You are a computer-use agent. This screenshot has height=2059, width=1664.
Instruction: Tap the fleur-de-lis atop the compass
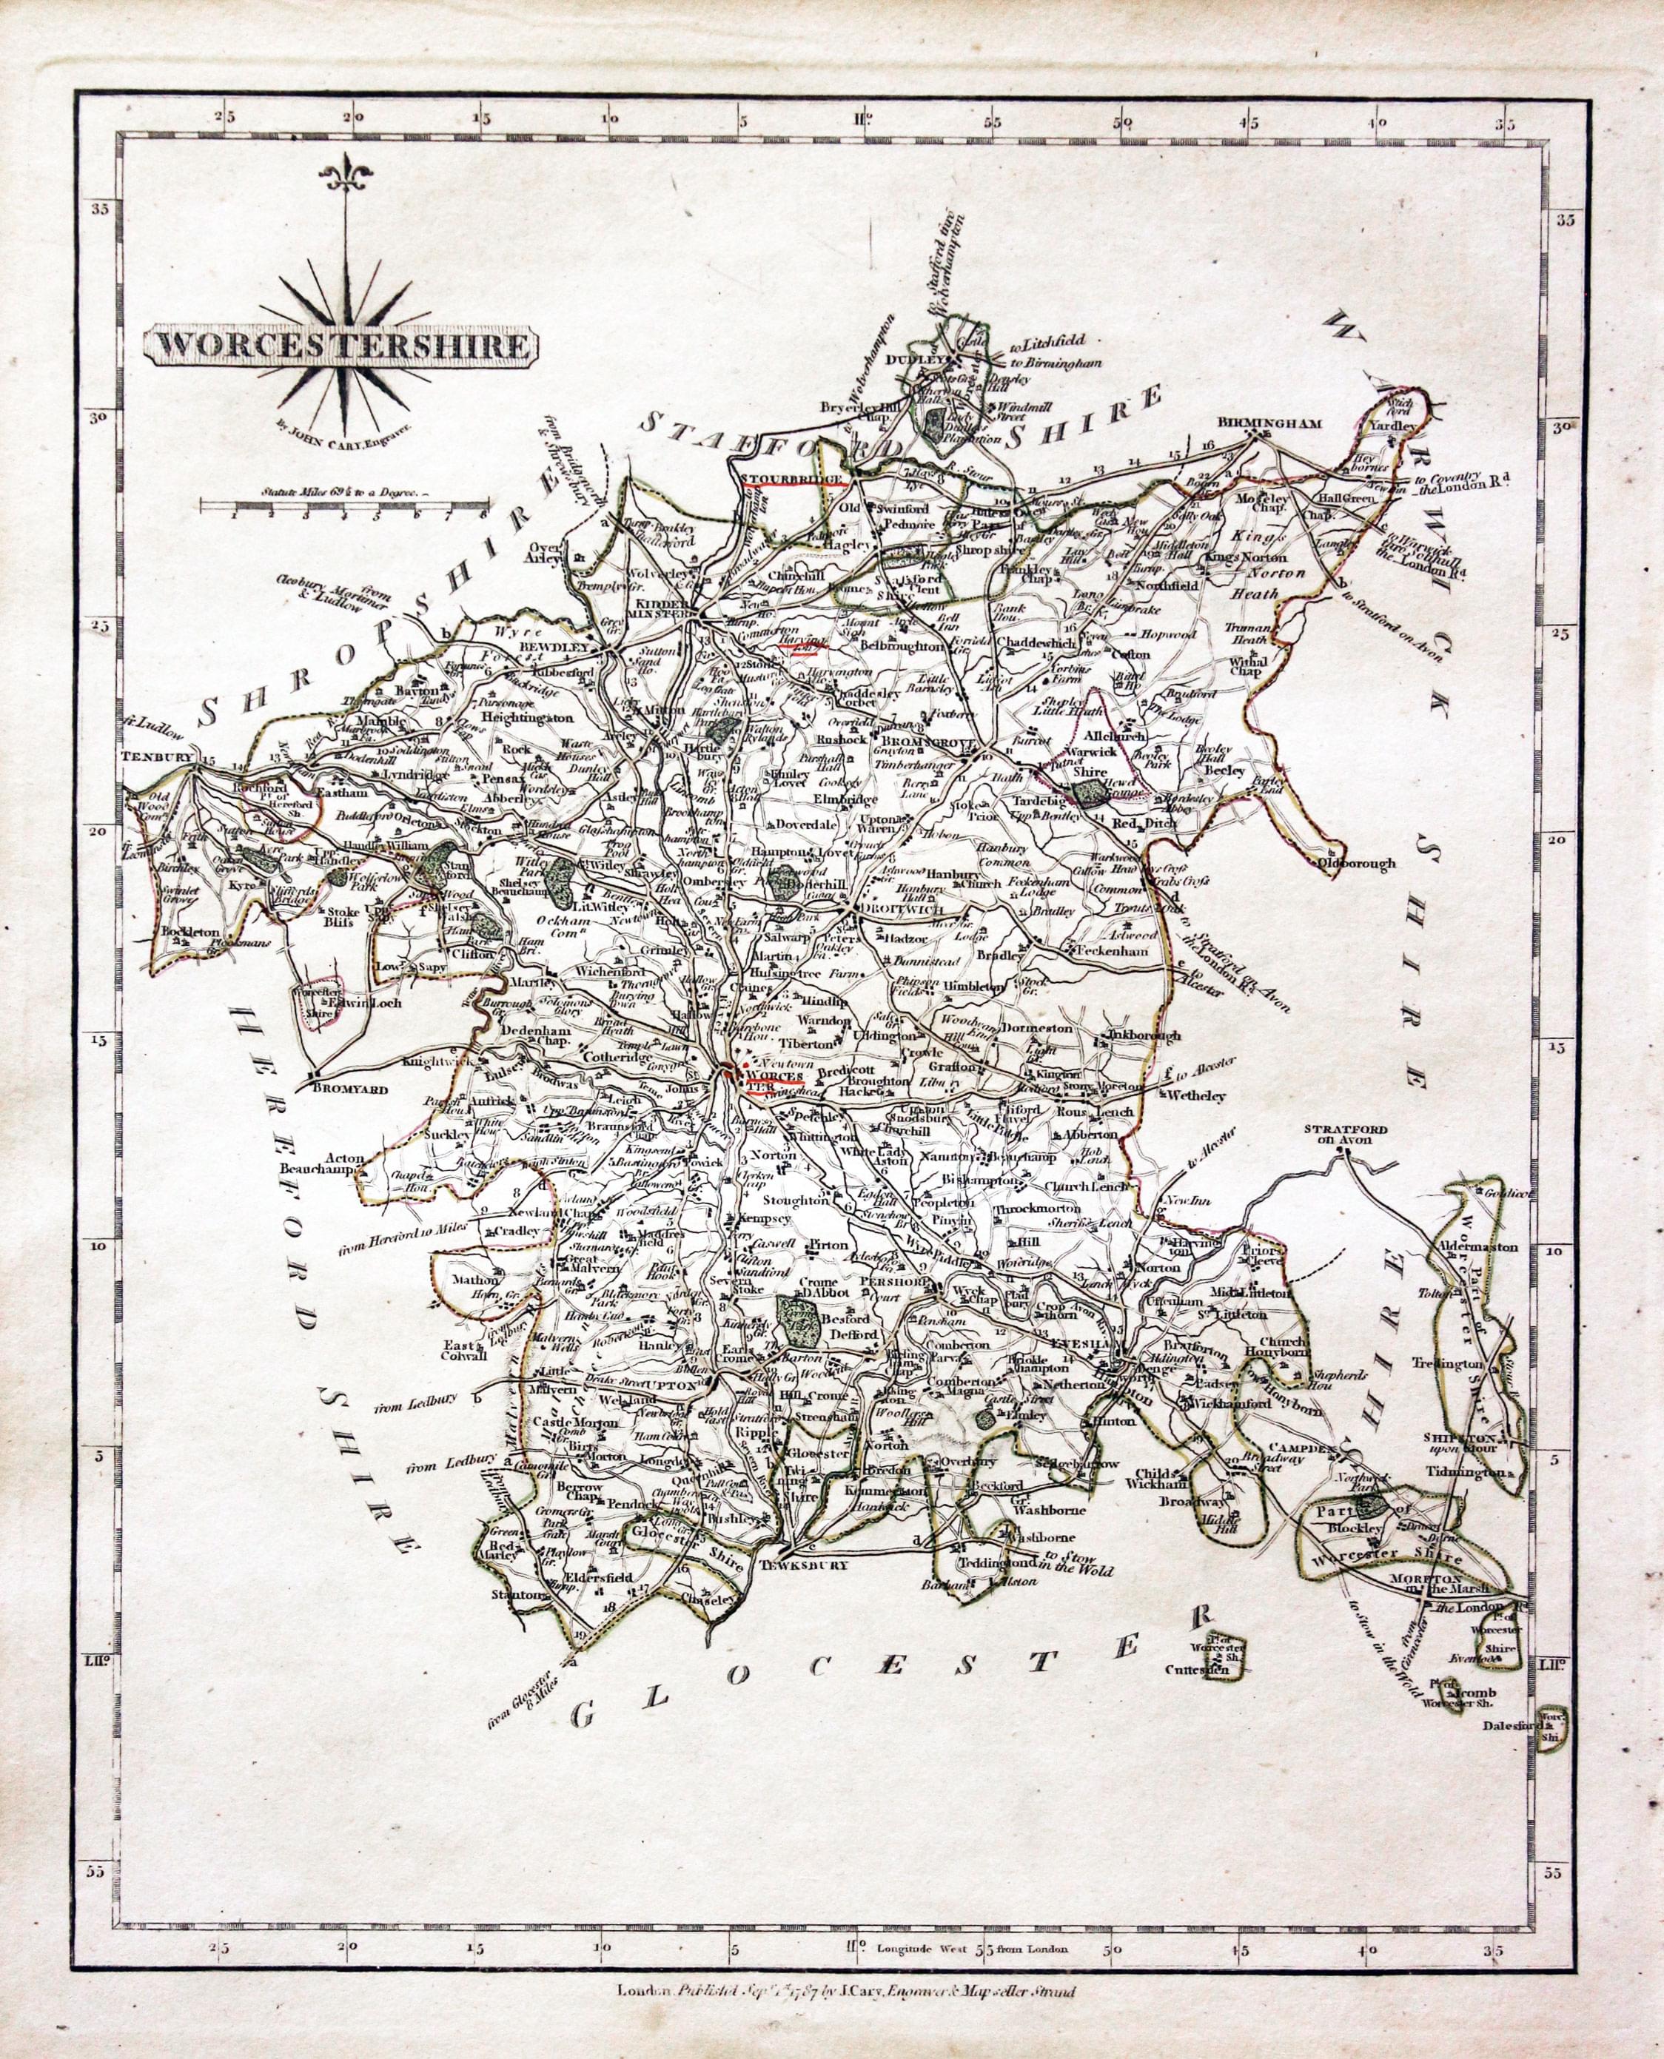(341, 176)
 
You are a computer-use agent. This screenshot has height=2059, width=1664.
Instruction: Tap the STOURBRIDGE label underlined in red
(788, 477)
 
